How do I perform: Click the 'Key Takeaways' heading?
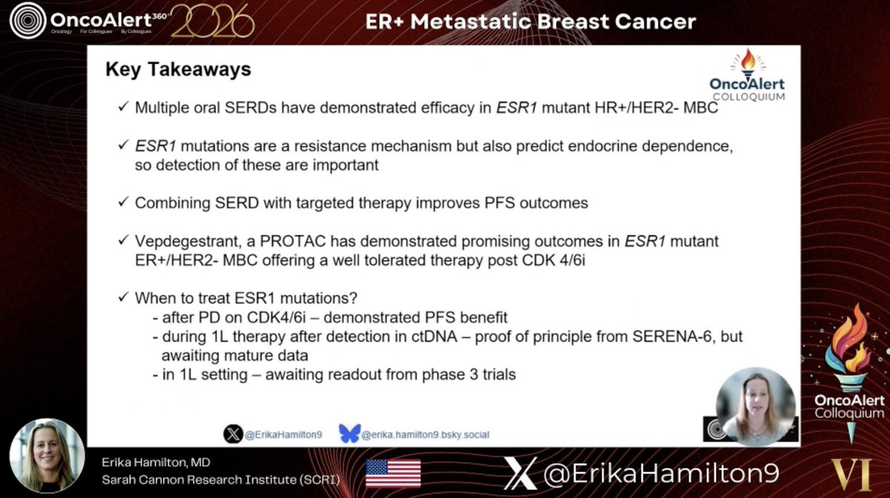coord(178,70)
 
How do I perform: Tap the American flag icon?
coord(393,474)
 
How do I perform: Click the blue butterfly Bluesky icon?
coord(349,433)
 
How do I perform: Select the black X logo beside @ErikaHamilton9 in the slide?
coord(233,434)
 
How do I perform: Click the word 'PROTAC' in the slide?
coord(292,241)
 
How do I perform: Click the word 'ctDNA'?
coord(434,336)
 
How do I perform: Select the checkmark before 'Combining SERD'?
coord(124,202)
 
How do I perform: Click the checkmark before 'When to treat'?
coord(124,297)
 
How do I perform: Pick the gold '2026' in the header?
coord(213,22)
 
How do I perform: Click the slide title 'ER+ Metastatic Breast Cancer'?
coord(530,22)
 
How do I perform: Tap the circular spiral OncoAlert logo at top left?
coord(28,21)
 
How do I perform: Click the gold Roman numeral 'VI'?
coord(851,474)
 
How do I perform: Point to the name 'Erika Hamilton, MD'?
coord(156,462)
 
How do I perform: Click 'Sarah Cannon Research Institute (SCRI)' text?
coord(221,479)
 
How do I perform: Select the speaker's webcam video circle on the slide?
coord(756,406)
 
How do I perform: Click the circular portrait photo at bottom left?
coord(47,456)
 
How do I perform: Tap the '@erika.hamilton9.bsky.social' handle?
coord(425,434)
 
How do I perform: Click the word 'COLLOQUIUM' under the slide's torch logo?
coord(749,96)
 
